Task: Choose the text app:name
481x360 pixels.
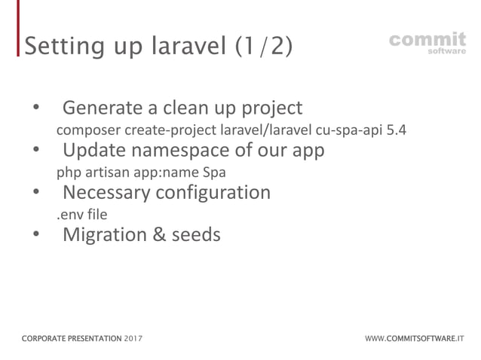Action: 162,172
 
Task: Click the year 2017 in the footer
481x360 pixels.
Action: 133,339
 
